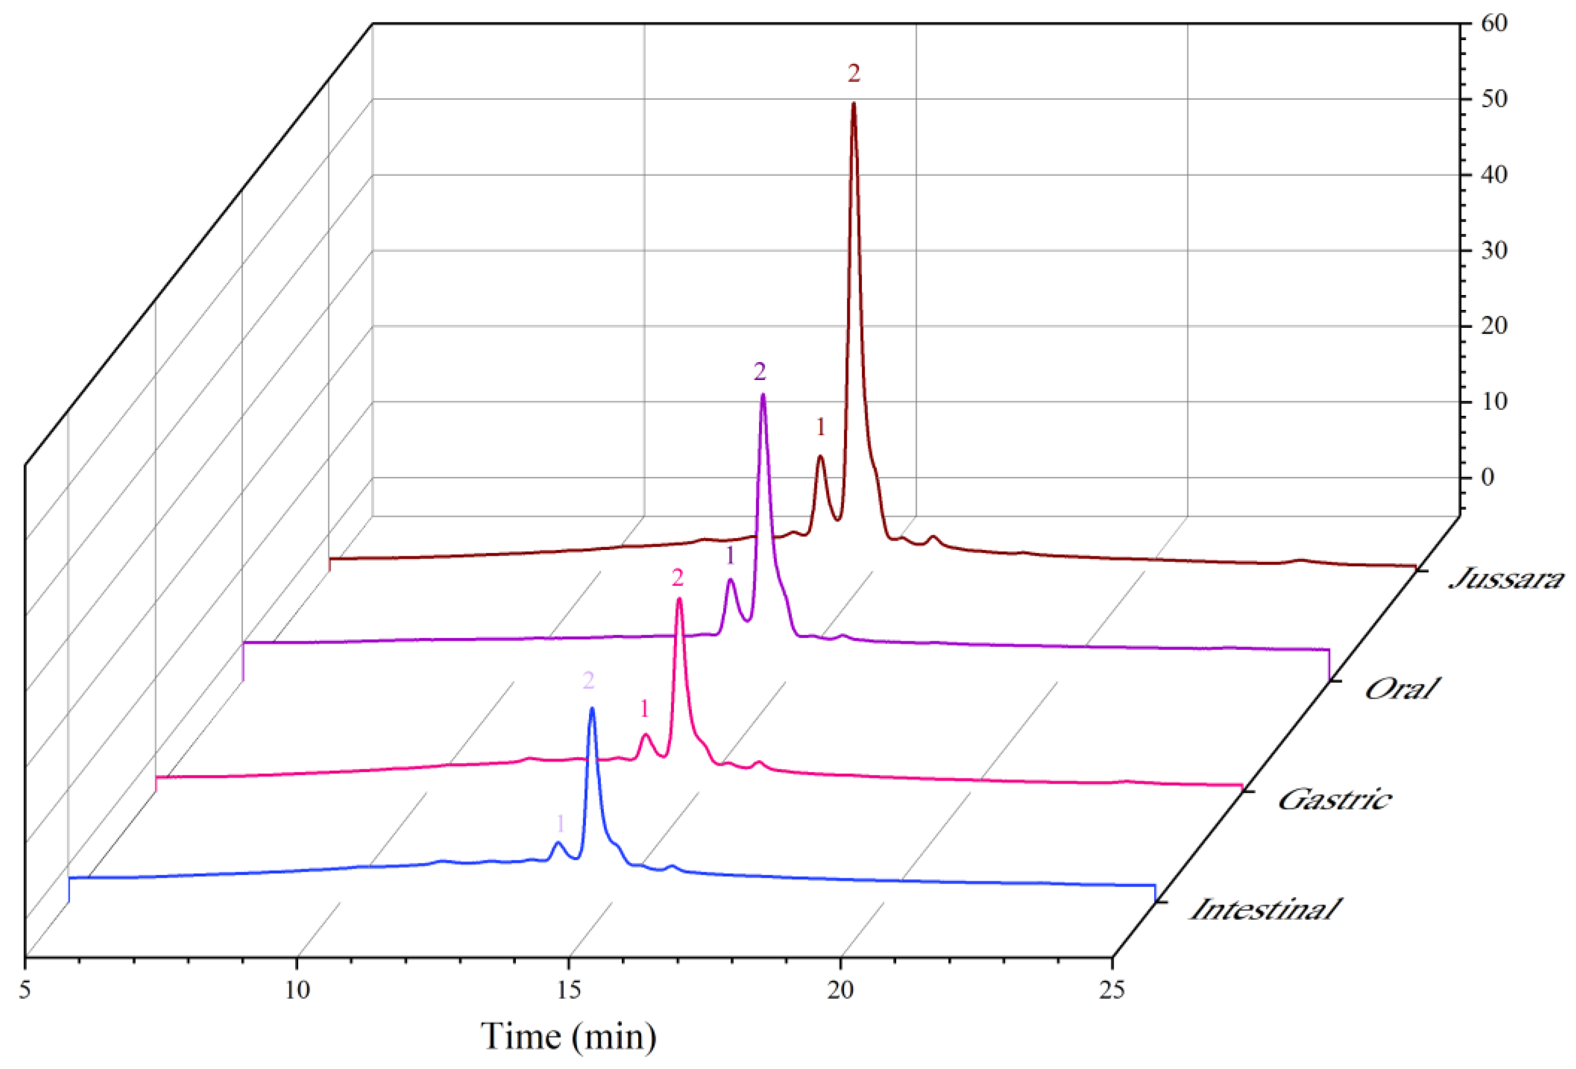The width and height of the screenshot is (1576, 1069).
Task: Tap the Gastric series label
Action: click(x=1334, y=800)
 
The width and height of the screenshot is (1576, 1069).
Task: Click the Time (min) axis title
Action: click(x=568, y=1036)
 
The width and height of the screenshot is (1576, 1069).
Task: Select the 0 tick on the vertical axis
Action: click(x=1487, y=477)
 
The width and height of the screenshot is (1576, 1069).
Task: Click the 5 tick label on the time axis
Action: click(x=25, y=991)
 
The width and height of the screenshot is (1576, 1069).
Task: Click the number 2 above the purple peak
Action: click(x=759, y=372)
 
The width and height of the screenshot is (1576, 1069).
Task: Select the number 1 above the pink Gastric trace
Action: click(x=644, y=709)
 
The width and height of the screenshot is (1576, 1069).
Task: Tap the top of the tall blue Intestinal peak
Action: click(x=592, y=708)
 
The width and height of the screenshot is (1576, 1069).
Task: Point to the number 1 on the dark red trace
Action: click(x=821, y=427)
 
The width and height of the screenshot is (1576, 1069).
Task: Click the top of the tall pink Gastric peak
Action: click(x=679, y=599)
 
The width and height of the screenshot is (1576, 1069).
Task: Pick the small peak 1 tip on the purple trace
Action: click(x=731, y=580)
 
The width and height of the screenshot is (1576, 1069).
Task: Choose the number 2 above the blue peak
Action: click(x=588, y=681)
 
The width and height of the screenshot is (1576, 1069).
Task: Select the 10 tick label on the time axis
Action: click(x=297, y=991)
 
